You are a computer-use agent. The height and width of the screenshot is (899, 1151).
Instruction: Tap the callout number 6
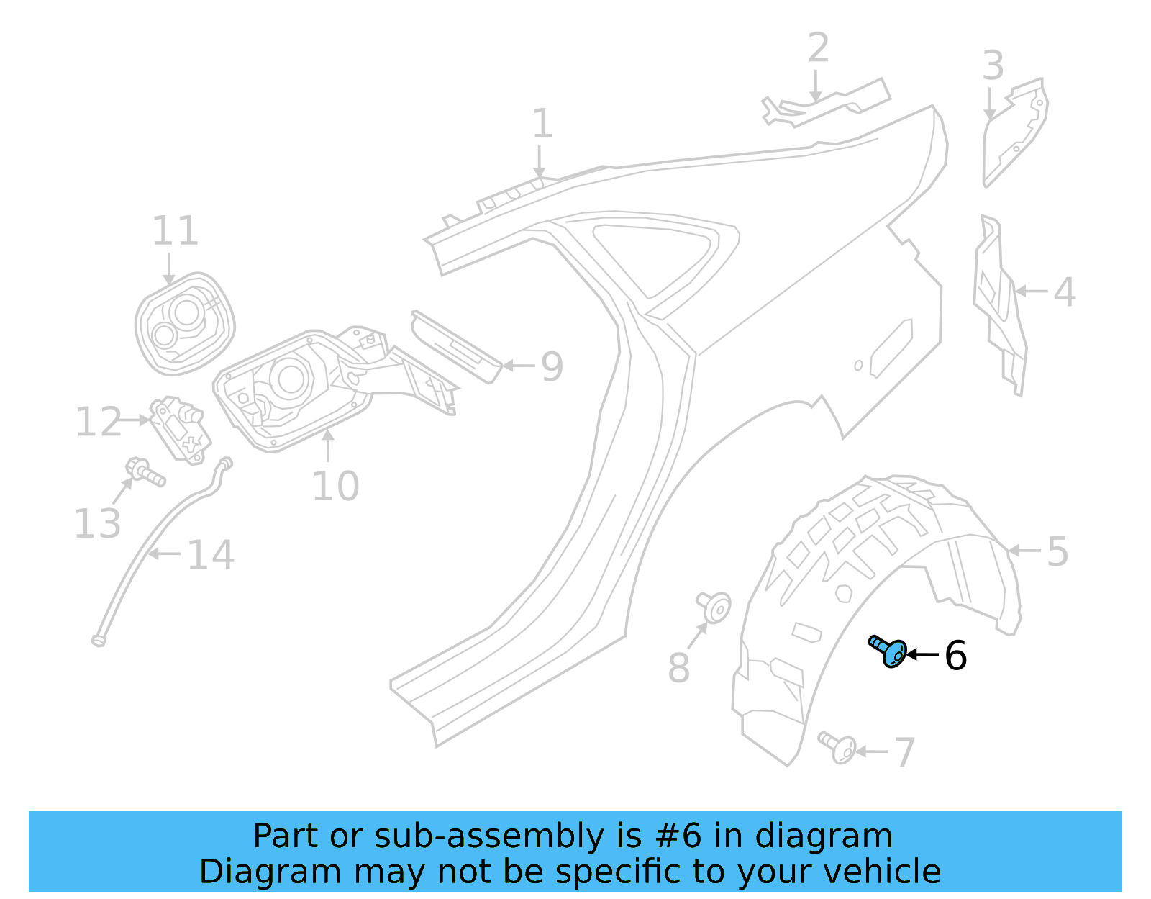(955, 656)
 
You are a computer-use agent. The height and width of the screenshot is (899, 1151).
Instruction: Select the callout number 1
(542, 124)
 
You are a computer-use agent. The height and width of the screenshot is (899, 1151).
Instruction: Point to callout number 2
(819, 48)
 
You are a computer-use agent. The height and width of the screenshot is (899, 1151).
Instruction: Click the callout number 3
(993, 66)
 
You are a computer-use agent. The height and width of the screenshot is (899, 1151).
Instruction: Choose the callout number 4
(1065, 292)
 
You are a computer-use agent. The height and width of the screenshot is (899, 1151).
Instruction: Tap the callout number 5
(1057, 552)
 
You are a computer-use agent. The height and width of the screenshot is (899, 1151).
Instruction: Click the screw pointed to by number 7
(839, 747)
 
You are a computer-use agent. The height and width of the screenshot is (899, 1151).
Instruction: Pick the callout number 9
(552, 366)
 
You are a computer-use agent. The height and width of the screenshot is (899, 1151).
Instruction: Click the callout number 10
(335, 486)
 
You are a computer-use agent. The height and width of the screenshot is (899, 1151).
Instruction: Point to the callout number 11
(175, 231)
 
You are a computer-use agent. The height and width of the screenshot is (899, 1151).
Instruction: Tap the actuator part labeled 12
(178, 429)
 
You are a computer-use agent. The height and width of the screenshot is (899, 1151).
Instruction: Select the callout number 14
(210, 555)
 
